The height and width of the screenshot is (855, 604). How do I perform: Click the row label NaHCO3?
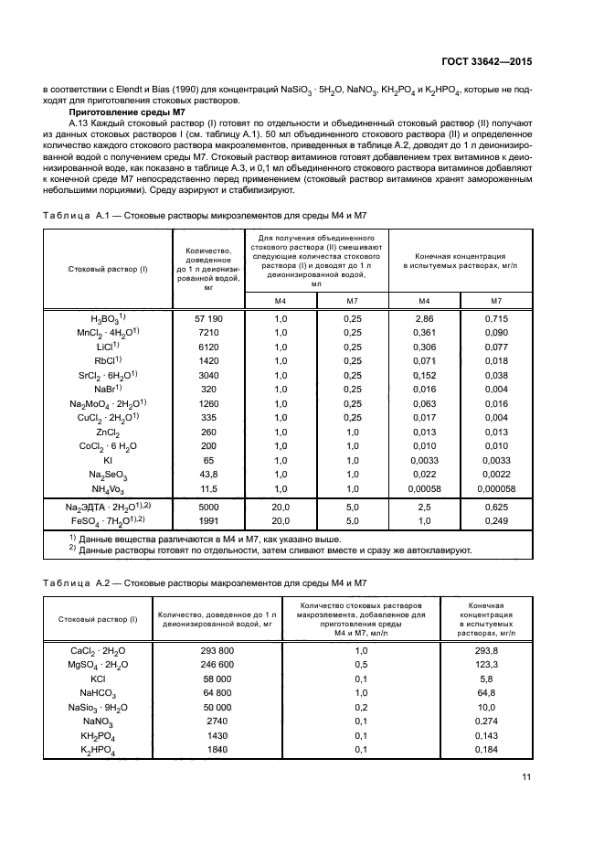(98, 693)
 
